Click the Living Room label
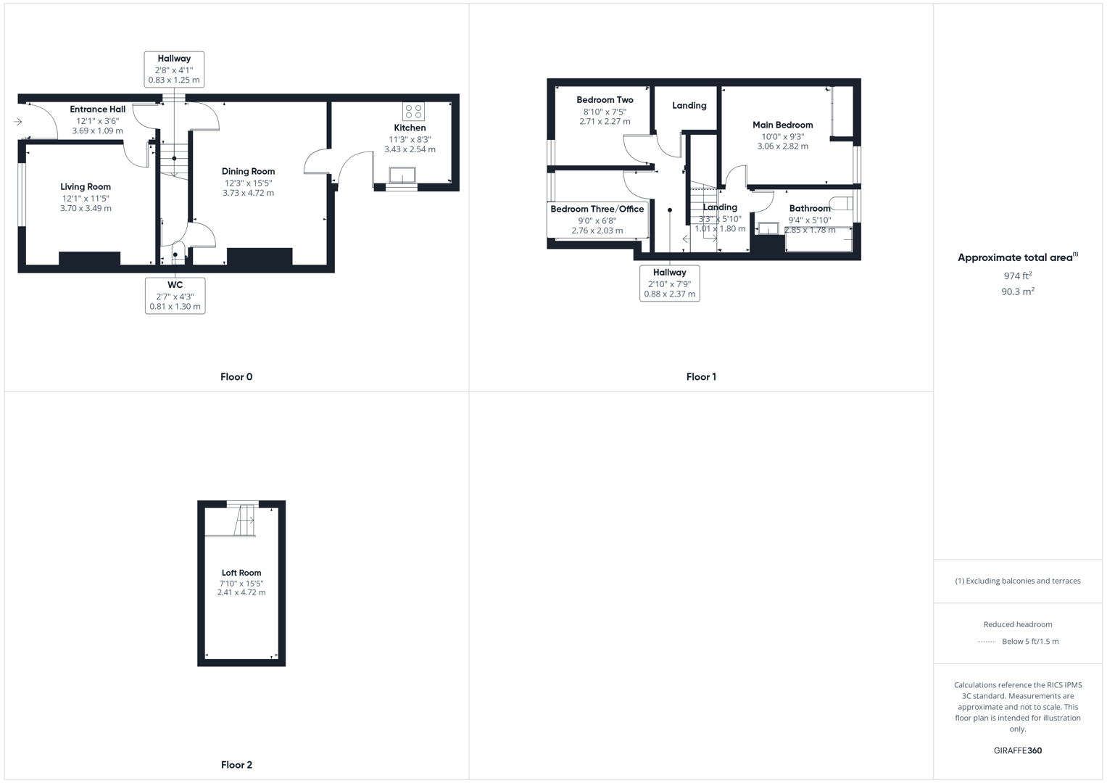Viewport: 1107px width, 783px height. [86, 187]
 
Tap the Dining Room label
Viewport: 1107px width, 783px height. [248, 172]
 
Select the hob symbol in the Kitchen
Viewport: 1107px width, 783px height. [414, 112]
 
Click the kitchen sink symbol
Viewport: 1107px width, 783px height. [402, 175]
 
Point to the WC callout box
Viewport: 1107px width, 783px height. [175, 296]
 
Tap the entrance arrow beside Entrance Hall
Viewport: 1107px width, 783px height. [18, 122]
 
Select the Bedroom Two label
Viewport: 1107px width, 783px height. [605, 100]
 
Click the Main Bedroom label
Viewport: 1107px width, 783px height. [782, 125]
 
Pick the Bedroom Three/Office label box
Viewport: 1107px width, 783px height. [597, 220]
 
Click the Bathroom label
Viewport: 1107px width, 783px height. [809, 209]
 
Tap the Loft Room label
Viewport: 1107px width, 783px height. [241, 573]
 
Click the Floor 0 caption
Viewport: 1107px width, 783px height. [236, 377]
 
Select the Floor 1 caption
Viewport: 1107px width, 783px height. [701, 377]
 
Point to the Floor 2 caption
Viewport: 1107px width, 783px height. [236, 765]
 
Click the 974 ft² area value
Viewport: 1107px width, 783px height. [1017, 276]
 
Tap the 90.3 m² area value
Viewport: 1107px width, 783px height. [1017, 291]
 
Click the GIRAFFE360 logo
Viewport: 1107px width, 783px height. [1017, 751]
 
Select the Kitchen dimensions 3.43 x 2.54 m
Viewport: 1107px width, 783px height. [410, 149]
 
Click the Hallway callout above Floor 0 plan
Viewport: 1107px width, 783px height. [174, 70]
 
